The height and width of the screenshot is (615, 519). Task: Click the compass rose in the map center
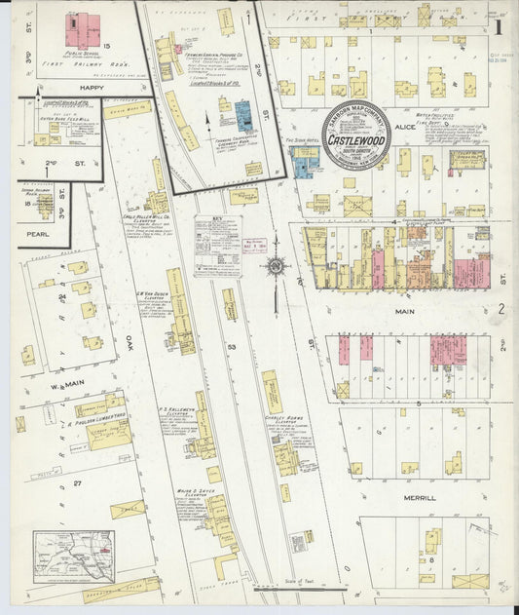276,266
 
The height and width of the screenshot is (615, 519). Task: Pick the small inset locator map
73,556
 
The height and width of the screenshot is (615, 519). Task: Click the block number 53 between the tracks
231,346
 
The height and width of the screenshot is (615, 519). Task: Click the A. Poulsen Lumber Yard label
97,417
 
